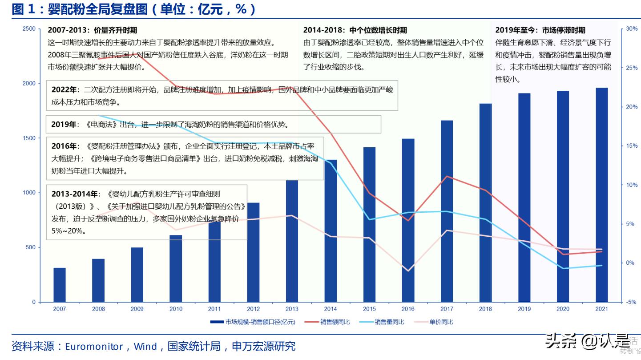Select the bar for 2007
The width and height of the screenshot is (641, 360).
pos(59,285)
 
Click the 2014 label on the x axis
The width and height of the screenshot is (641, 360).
pos(331,309)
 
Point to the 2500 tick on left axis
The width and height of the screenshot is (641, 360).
pos(29,29)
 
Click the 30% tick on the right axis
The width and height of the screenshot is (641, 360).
pos(631,29)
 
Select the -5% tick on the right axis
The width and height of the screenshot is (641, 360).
pos(631,302)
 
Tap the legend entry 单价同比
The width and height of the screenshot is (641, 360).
pos(441,322)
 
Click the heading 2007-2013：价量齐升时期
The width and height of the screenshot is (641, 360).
pos(92,30)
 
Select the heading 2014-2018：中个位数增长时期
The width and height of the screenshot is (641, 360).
pos(355,30)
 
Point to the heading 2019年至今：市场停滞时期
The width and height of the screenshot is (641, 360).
pos(540,30)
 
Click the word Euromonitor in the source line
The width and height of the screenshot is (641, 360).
pos(93,346)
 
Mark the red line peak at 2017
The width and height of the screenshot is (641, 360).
pos(447,176)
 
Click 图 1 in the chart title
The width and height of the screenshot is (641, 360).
pos(23,8)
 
